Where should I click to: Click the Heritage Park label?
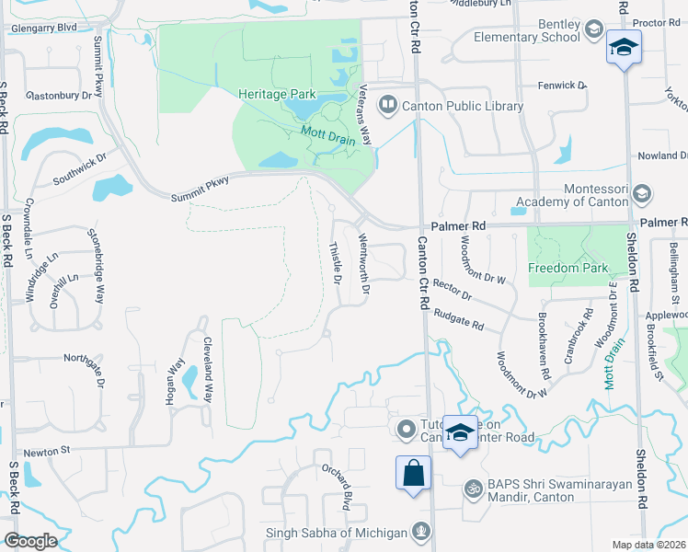(277, 94)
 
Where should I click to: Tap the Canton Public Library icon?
(389, 106)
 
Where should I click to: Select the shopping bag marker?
(413, 474)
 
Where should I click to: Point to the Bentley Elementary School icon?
(594, 30)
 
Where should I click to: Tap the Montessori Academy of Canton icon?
(642, 194)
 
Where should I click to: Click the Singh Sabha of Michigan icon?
(421, 531)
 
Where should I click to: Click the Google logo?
(29, 541)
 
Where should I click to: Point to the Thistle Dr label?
(336, 262)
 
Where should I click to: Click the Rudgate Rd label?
(459, 318)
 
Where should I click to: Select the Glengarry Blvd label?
(43, 28)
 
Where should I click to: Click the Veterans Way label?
(365, 114)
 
